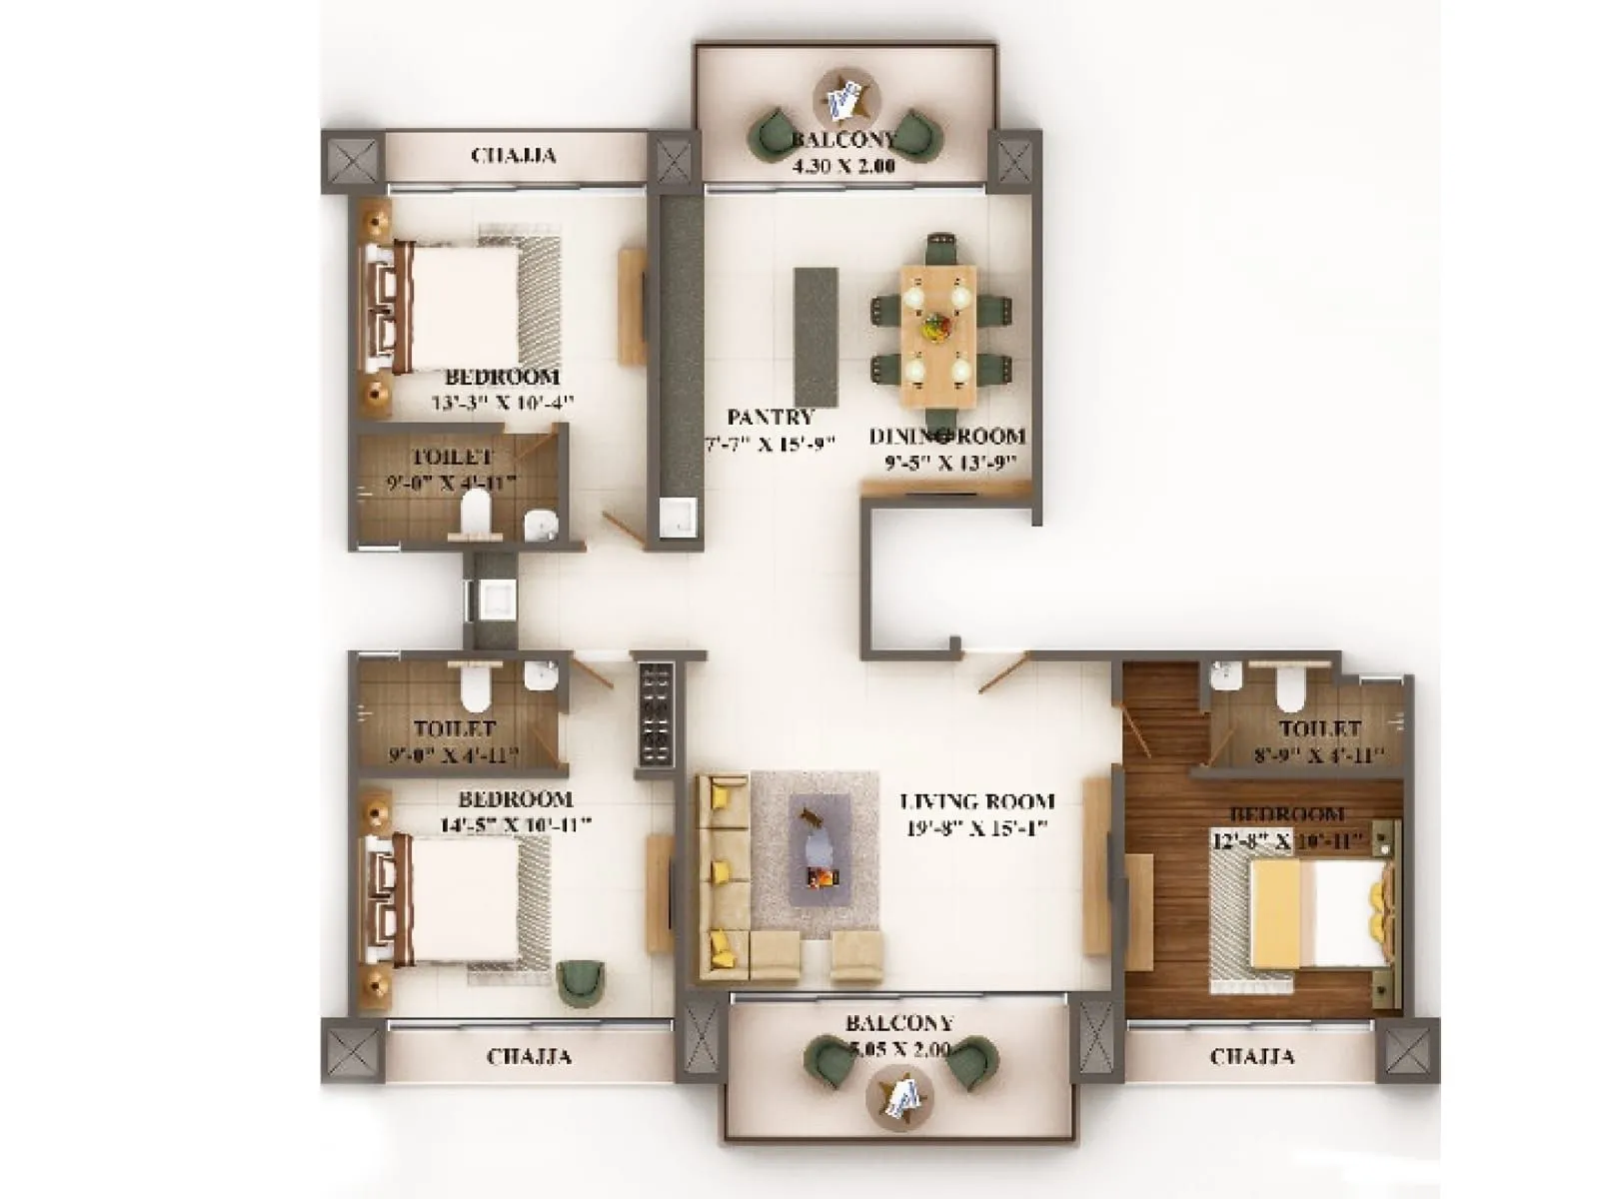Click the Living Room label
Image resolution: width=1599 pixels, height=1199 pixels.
tap(976, 801)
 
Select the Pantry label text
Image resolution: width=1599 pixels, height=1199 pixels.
tap(770, 417)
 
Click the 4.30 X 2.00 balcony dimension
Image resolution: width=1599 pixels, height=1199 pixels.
tap(842, 167)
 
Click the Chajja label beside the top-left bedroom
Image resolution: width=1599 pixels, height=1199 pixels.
tap(513, 156)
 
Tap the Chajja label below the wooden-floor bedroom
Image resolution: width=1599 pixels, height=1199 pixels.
tap(1251, 1056)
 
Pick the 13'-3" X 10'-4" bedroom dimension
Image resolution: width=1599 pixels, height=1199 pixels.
tap(503, 403)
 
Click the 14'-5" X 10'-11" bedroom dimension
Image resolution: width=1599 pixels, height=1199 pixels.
tap(516, 825)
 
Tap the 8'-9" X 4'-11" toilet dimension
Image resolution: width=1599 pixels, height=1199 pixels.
tap(1319, 755)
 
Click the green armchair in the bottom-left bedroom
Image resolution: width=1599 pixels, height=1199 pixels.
tap(580, 982)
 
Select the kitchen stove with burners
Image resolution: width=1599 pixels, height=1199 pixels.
tap(656, 713)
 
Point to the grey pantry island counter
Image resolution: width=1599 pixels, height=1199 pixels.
tap(815, 336)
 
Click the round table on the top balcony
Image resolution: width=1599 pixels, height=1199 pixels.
tap(845, 96)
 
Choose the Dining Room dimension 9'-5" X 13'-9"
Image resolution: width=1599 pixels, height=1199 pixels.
tap(949, 463)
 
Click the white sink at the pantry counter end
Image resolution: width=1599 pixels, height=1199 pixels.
tap(679, 518)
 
